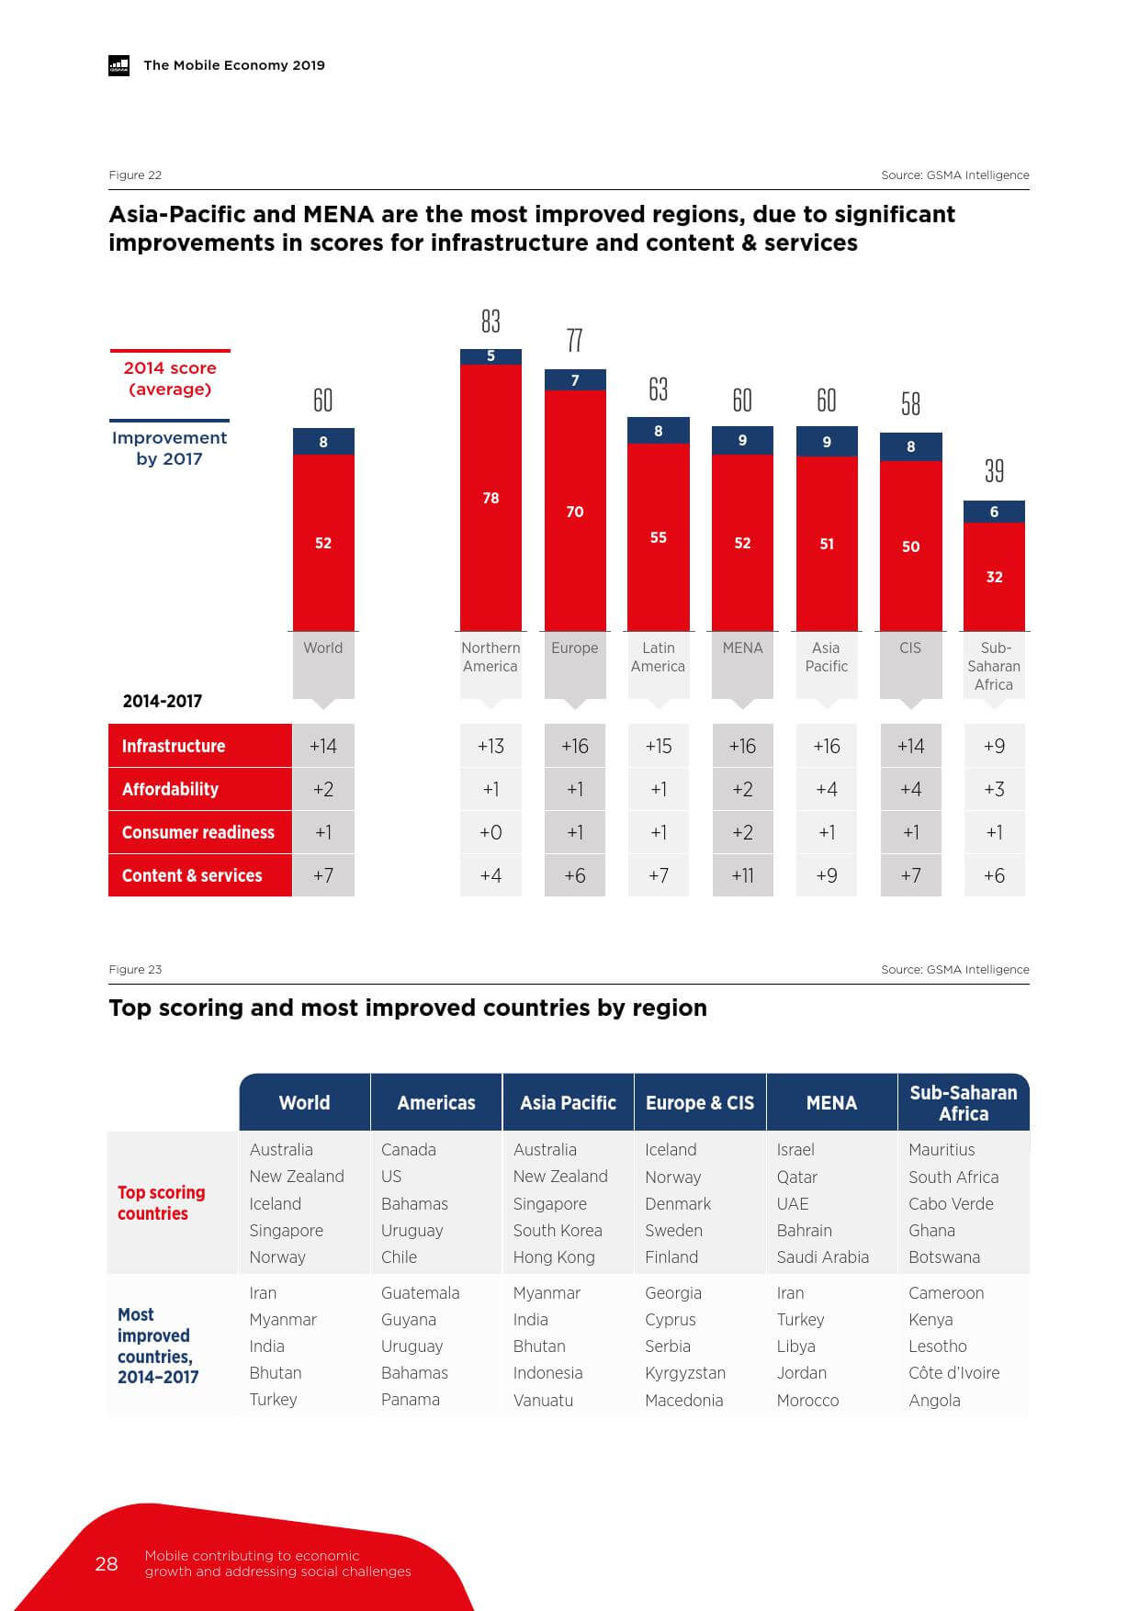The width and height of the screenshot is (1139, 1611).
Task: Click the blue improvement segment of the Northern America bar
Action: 491,356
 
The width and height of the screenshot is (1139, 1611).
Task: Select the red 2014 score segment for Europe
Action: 575,511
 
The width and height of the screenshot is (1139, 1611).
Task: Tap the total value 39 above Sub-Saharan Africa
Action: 994,471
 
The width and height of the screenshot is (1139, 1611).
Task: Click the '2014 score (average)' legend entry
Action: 170,378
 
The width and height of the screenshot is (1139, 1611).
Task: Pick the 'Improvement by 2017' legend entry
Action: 169,448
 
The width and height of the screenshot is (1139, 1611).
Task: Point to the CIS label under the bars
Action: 910,648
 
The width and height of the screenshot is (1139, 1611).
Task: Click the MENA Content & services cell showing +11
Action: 742,875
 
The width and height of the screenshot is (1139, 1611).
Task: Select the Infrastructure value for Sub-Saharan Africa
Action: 994,746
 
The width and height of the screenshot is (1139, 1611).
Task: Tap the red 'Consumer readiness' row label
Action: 198,832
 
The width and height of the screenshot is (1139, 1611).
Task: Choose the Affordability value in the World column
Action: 323,789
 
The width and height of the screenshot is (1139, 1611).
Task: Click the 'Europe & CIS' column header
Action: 700,1102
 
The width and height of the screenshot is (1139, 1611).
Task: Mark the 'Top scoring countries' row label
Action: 162,1202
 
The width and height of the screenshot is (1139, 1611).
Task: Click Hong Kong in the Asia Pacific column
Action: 554,1256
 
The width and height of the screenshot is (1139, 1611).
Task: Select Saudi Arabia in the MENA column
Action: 822,1256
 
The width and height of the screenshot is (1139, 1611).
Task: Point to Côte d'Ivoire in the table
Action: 953,1372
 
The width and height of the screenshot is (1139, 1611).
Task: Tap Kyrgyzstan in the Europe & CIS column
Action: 685,1372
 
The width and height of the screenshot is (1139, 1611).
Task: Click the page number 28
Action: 107,1563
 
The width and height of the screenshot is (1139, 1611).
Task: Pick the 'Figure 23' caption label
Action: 135,969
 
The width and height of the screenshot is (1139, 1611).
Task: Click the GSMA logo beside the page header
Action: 119,65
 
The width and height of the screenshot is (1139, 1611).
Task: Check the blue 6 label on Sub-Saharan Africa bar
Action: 994,512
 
